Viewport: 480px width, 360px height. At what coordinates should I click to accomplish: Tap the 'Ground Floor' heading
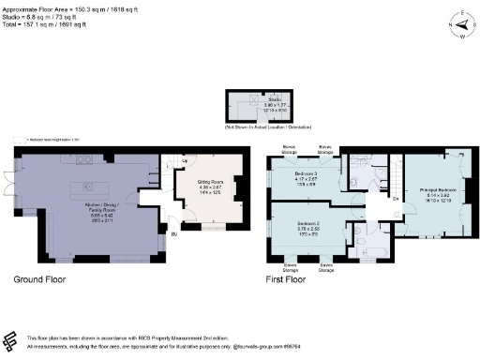(40, 279)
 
